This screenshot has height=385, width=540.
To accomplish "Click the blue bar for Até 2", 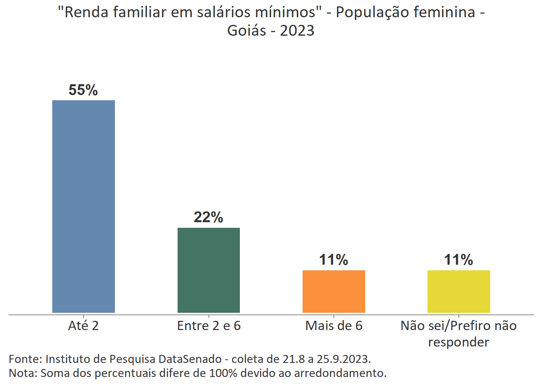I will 84,206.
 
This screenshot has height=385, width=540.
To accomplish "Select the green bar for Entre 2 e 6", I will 209,270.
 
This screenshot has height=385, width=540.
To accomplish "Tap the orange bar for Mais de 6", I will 333,291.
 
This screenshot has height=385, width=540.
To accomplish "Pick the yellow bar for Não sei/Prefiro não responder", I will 458,291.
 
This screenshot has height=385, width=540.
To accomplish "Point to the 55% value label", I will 83,90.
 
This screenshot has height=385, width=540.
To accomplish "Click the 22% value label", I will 209,217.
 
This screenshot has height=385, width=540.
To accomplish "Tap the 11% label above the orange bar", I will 333,260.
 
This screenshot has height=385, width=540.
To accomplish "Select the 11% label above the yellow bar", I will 458,260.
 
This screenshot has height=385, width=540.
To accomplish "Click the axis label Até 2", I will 84,326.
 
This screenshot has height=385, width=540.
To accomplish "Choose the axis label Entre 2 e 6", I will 209,326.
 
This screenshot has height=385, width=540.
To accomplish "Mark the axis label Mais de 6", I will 334,326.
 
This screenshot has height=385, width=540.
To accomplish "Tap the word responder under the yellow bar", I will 458,342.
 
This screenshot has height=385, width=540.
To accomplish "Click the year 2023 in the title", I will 297,30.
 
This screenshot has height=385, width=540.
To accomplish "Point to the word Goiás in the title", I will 246,30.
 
